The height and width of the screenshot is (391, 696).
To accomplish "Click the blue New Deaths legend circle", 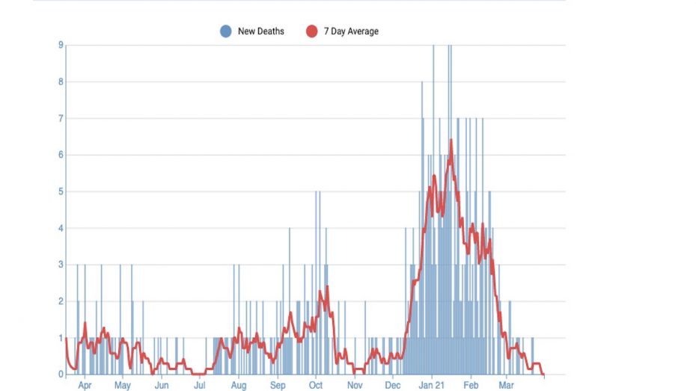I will tap(225, 31).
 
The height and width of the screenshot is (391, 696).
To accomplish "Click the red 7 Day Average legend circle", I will tap(311, 31).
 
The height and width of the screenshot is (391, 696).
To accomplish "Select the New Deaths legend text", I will tap(260, 31).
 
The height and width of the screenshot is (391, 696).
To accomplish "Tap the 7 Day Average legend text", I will tap(351, 31).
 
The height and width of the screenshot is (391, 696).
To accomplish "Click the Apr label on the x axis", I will tap(85, 386).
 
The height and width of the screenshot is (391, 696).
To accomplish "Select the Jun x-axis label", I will tap(161, 386).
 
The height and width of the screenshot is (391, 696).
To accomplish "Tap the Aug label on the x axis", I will tap(238, 386).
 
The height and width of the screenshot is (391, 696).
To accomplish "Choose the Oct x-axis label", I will tap(315, 386).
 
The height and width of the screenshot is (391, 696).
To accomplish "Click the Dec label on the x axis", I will tap(393, 386).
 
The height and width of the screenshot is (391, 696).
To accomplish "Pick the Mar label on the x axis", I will tap(506, 386).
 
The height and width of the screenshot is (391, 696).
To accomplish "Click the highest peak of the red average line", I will tap(451, 140).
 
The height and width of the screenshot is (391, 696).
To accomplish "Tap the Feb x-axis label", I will tap(471, 386).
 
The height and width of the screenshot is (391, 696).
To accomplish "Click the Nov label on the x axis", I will tap(355, 386).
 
